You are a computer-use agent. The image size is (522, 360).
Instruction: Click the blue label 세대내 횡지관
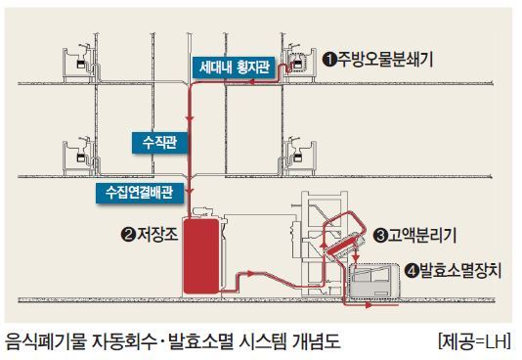[235, 67]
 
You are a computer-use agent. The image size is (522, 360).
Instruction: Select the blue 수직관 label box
[159, 143]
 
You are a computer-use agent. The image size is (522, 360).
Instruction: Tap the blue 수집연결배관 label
[140, 193]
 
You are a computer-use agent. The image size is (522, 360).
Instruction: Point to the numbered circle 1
[329, 60]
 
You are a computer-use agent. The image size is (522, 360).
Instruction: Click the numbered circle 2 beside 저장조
[128, 235]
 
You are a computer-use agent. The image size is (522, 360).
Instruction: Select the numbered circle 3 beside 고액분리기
[380, 236]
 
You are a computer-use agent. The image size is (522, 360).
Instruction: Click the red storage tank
[201, 255]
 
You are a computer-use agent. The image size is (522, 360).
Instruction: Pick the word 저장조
[157, 235]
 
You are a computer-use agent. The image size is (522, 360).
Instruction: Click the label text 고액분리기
[422, 236]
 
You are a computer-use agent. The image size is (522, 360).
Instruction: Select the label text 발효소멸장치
[460, 270]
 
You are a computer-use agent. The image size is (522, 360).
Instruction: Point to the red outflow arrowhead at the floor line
[369, 304]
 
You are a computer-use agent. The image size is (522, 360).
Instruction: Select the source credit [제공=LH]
[474, 342]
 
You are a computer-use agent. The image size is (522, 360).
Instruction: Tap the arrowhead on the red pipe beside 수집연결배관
[190, 192]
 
